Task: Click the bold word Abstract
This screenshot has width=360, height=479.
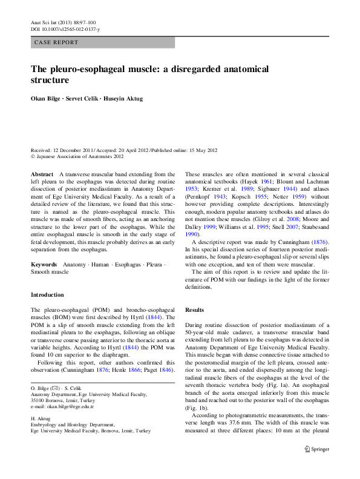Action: pyautogui.click(x=42, y=174)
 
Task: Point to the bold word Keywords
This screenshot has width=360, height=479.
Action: pyautogui.click(x=44, y=265)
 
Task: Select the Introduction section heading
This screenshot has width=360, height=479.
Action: pyautogui.click(x=47, y=295)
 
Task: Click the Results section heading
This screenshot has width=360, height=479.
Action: pyautogui.click(x=195, y=309)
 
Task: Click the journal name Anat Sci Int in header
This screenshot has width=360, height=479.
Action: pyautogui.click(x=44, y=22)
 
